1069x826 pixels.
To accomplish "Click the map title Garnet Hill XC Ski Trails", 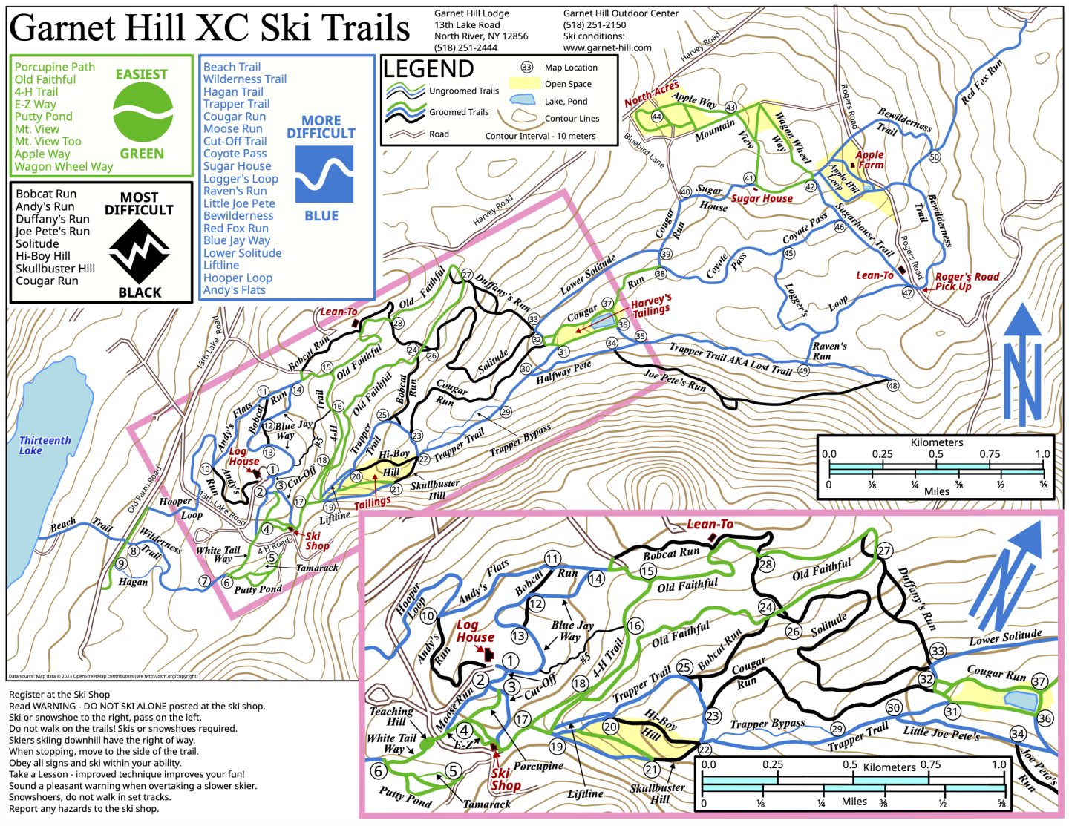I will [x=209, y=28].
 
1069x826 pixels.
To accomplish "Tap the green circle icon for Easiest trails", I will [x=143, y=112].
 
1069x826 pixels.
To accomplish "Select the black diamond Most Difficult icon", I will [x=139, y=252].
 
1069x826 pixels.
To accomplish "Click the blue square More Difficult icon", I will [x=324, y=174].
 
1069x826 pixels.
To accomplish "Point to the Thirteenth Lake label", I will [x=45, y=445].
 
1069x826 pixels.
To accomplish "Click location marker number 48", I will [x=892, y=385].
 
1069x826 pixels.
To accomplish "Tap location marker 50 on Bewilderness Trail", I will [x=934, y=157].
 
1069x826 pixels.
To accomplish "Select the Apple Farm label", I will [x=869, y=160].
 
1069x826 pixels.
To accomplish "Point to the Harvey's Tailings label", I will [x=651, y=305].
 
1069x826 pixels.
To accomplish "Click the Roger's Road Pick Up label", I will [x=966, y=281].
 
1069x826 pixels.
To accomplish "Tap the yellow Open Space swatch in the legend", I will [x=523, y=83].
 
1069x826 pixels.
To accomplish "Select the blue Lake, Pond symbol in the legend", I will [x=523, y=100].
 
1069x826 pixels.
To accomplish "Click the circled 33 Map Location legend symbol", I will [x=526, y=67].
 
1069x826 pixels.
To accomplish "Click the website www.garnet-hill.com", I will [x=607, y=47].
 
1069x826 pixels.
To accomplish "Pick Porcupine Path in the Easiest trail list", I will [x=55, y=67].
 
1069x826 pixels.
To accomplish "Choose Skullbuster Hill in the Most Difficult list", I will [x=56, y=269].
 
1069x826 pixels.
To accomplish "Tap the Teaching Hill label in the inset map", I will [x=391, y=716].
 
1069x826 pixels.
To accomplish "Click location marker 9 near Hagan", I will [x=122, y=564].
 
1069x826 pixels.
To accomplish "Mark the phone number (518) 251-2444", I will [x=465, y=47].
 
